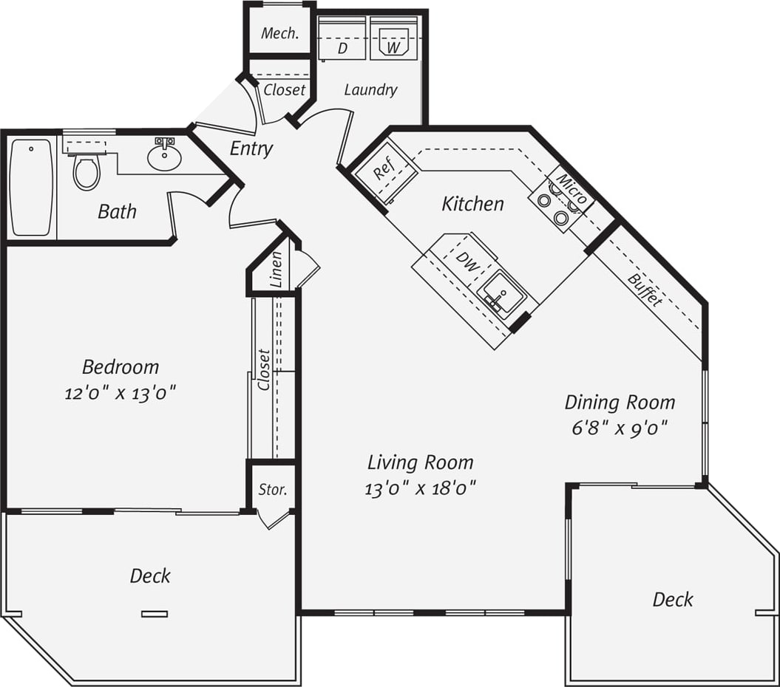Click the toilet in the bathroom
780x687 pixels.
pyautogui.click(x=87, y=171)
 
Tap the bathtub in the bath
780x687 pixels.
pyautogui.click(x=32, y=188)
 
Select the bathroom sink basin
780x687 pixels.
pyautogui.click(x=163, y=156)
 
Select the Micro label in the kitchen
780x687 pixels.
pyautogui.click(x=572, y=189)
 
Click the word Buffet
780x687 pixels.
pyautogui.click(x=645, y=290)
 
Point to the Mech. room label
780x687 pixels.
pyautogui.click(x=280, y=33)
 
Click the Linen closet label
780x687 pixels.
pyautogui.click(x=277, y=270)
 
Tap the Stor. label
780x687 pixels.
pyautogui.click(x=272, y=490)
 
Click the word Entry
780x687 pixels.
pyautogui.click(x=251, y=148)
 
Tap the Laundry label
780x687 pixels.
pyautogui.click(x=370, y=90)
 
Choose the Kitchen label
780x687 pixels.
pyautogui.click(x=472, y=204)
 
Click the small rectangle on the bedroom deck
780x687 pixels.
pyautogui.click(x=155, y=613)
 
